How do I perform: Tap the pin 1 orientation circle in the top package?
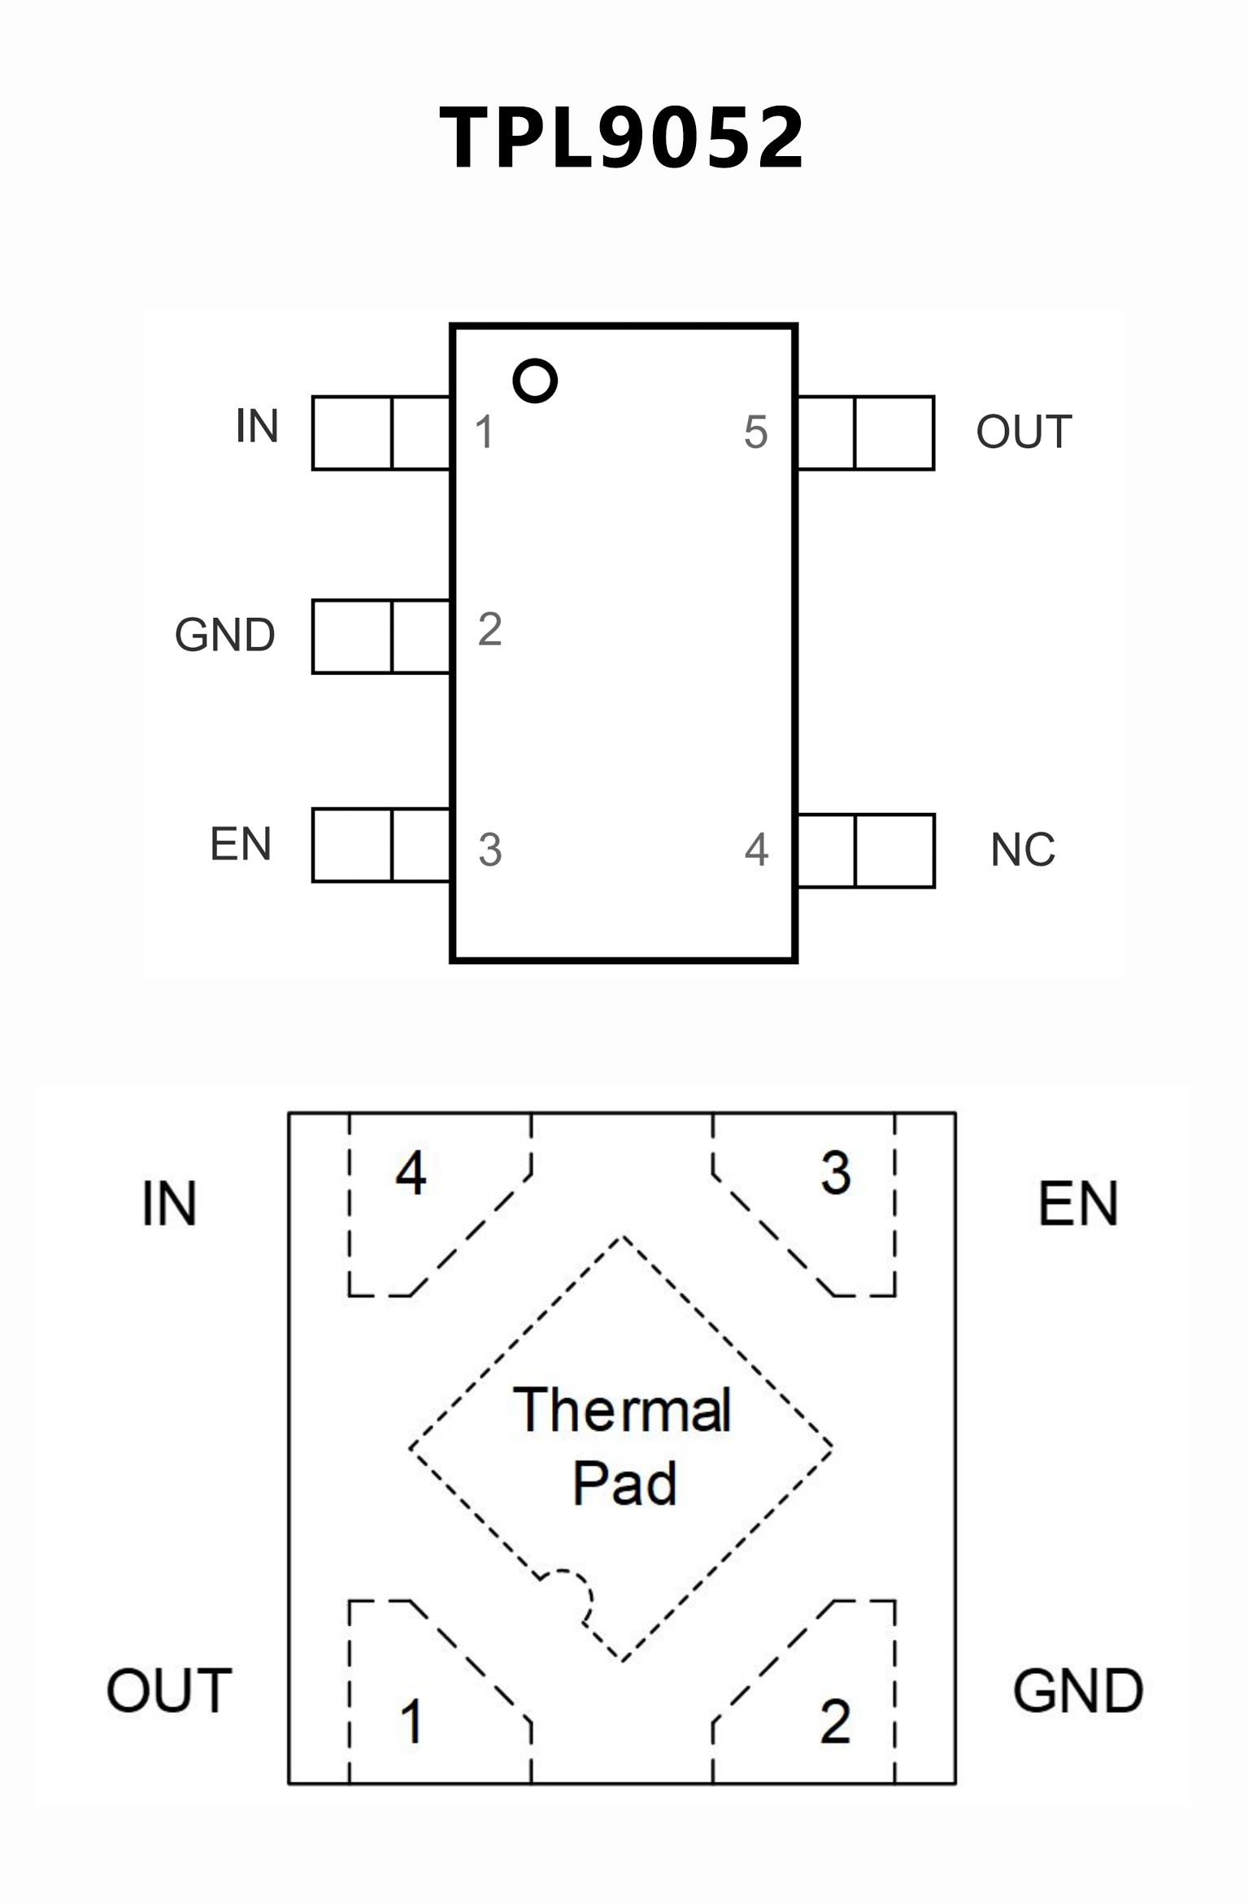tap(535, 380)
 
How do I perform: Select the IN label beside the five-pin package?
tap(257, 425)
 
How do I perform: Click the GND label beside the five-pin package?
tap(225, 635)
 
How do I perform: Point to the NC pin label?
tap(1023, 850)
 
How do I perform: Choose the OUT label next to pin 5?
tap(1024, 432)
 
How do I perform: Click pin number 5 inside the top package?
tap(756, 432)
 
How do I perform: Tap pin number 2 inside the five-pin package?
tap(489, 628)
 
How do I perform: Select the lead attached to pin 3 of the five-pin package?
tap(380, 845)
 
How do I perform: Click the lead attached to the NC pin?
tap(867, 850)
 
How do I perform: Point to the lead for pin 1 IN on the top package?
tap(380, 433)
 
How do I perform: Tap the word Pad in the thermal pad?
tap(624, 1484)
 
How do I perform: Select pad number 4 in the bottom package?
tap(411, 1174)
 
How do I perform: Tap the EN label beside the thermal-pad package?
tap(1078, 1203)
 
